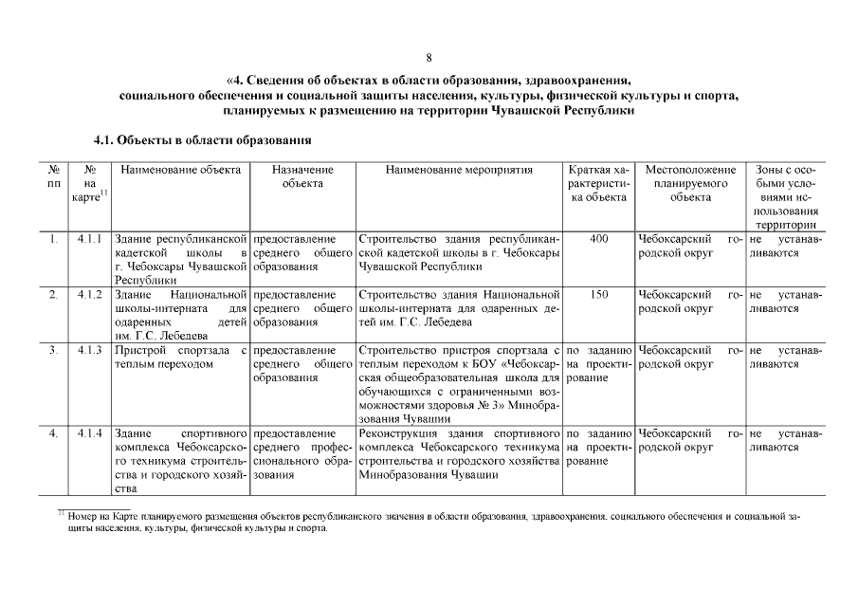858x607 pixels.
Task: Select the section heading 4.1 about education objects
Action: tap(203, 140)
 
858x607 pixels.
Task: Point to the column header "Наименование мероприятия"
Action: tap(459, 170)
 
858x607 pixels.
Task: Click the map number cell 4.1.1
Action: tap(89, 240)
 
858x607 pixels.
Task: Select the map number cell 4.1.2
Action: tap(89, 296)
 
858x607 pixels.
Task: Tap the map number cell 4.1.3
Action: tap(89, 351)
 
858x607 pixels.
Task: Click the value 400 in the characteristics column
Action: tap(598, 240)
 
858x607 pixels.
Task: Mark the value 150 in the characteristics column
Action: tap(598, 296)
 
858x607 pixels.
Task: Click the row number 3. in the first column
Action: tap(54, 351)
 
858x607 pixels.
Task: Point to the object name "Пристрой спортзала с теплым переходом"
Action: tap(180, 358)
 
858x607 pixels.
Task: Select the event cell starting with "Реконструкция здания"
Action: tap(459, 453)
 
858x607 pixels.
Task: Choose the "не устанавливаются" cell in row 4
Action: tap(785, 440)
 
